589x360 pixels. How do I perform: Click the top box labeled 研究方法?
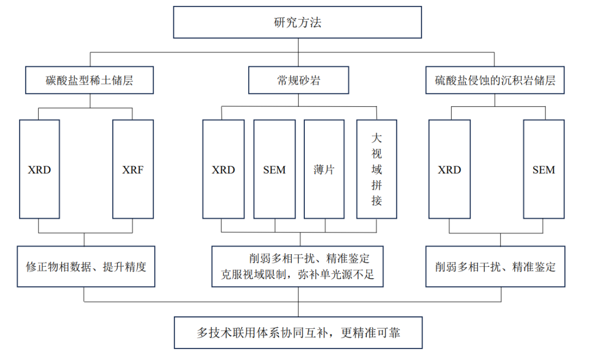pos(298,22)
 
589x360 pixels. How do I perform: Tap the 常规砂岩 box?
pos(298,81)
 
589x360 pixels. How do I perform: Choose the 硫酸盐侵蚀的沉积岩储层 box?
pos(495,81)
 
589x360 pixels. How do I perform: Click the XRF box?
pos(133,170)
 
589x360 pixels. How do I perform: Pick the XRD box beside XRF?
pos(39,170)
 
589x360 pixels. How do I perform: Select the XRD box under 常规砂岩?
pos(223,170)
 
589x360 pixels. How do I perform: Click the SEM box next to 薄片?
pos(274,170)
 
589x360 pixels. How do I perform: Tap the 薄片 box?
pos(324,170)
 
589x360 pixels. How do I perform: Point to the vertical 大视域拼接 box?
pos(376,169)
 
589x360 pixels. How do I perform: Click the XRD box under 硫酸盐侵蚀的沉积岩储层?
pos(449,170)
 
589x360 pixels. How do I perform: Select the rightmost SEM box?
pos(543,170)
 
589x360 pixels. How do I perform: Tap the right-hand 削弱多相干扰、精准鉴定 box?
pos(495,267)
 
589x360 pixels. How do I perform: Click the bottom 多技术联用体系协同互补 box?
pos(298,332)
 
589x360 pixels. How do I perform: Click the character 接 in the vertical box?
pos(376,201)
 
